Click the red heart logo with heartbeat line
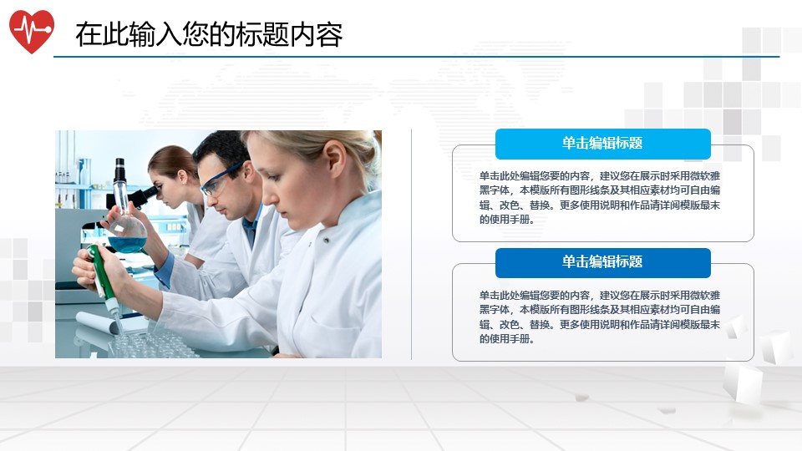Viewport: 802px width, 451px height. point(32,31)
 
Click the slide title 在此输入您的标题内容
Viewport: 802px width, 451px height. point(209,34)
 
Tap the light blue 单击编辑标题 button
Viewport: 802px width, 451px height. point(602,144)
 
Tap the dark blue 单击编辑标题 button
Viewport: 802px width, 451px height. point(602,262)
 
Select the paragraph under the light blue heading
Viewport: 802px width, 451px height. point(600,198)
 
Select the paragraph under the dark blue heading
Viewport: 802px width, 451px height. point(600,317)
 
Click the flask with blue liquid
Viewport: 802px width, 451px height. point(127,234)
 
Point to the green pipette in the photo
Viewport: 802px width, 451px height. point(100,271)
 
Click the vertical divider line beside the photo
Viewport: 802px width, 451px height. point(412,244)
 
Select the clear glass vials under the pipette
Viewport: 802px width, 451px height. point(150,342)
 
